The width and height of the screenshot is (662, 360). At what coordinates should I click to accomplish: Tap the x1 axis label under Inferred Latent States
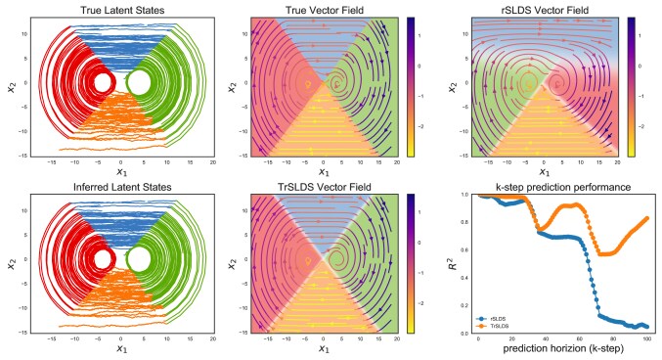coord(120,349)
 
